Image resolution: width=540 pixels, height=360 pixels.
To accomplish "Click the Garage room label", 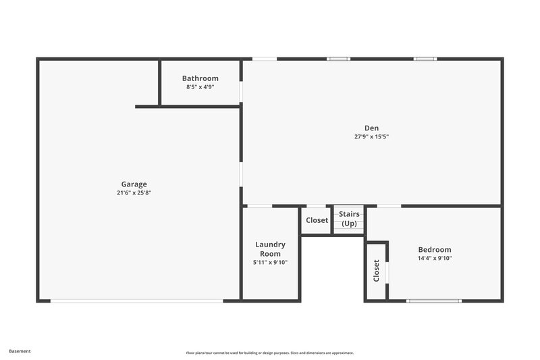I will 134,184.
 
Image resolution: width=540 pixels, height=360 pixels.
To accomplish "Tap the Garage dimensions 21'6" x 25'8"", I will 134,192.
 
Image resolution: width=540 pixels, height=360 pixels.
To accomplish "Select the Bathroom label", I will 200,78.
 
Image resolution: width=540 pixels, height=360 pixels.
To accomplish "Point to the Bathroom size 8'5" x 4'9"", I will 200,87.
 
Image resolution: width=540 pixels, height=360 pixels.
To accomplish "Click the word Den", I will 371,128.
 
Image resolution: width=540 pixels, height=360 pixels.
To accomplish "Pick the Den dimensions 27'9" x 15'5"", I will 371,136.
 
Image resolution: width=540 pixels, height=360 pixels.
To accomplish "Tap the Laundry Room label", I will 270,249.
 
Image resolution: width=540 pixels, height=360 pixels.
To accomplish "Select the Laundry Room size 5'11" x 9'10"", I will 270,263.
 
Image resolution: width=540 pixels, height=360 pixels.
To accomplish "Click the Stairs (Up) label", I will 349,219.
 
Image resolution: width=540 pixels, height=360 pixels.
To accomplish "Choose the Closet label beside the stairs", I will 317,220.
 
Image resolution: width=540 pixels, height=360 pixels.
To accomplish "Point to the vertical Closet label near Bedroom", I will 376,271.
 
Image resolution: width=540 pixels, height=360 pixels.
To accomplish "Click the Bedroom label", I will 434,249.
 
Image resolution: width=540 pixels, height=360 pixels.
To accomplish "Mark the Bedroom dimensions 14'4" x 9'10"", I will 434,258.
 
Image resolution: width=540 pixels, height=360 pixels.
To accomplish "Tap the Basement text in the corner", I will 20,351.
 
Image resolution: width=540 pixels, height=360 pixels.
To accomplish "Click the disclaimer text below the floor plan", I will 270,353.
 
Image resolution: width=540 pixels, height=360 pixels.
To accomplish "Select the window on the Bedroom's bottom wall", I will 435,301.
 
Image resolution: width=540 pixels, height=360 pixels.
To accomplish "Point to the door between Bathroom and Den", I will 241,91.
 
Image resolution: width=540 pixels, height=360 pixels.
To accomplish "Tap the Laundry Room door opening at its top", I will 260,205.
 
